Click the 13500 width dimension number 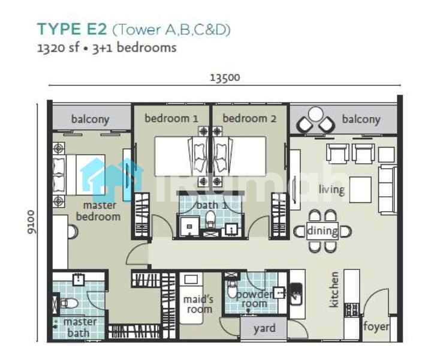(225, 77)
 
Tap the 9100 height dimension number (31, 222)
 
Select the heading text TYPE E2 (72, 29)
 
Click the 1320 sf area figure (58, 48)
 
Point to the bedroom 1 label (171, 119)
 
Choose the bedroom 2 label (249, 119)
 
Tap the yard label (264, 328)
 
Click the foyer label (376, 326)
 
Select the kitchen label (334, 289)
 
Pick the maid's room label (198, 304)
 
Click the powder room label (254, 299)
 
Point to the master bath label (80, 327)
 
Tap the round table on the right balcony (315, 113)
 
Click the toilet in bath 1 (211, 220)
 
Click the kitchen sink (297, 294)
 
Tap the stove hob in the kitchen (351, 310)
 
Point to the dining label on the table (322, 231)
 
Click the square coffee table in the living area (360, 190)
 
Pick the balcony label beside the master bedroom (90, 119)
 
